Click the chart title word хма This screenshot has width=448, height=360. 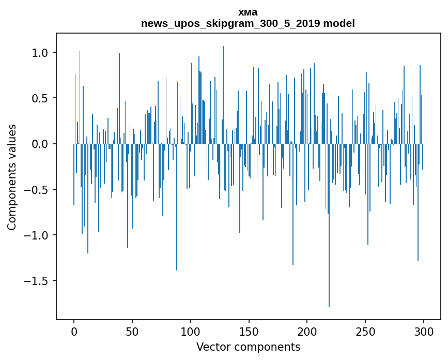248,12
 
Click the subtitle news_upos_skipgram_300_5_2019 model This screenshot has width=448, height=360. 248,23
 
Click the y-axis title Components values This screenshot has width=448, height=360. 12,177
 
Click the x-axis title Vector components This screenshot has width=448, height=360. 248,347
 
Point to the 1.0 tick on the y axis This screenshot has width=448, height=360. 40,53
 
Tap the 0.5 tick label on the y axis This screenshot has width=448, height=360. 40,98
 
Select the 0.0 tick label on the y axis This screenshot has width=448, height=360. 40,144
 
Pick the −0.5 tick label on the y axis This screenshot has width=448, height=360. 37,189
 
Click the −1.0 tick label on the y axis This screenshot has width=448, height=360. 37,235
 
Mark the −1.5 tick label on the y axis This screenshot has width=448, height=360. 37,281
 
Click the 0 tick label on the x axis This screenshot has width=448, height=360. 74,331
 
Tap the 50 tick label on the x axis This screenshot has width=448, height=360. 132,331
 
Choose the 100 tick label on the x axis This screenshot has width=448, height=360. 191,331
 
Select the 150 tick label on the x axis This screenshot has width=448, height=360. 249,331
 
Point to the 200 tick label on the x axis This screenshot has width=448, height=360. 307,331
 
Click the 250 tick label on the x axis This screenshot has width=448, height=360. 366,331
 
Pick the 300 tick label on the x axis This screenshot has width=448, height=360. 424,331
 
